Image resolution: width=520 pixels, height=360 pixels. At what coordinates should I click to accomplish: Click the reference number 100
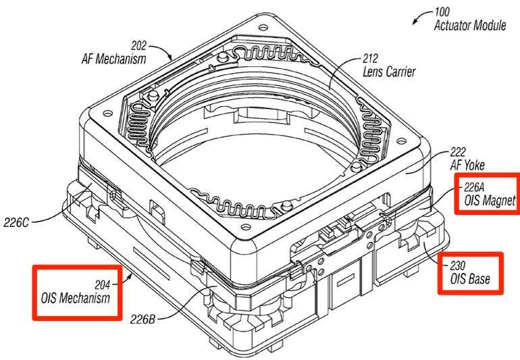click(x=442, y=12)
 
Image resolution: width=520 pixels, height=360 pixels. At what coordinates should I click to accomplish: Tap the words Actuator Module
click(x=470, y=25)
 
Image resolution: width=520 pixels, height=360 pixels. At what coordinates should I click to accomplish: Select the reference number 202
click(x=138, y=45)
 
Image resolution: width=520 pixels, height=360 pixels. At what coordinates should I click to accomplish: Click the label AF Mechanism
click(x=113, y=59)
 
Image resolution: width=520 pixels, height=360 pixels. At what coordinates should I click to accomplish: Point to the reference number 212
click(x=370, y=59)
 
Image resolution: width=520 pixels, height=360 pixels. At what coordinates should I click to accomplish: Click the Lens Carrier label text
click(x=389, y=72)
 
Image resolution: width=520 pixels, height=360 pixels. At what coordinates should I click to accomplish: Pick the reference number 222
click(x=458, y=152)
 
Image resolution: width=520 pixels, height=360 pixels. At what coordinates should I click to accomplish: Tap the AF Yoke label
click(x=467, y=165)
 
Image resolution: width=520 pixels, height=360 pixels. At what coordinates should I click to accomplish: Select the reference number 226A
click(x=474, y=188)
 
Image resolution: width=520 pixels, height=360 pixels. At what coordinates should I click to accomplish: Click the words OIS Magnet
click(x=490, y=201)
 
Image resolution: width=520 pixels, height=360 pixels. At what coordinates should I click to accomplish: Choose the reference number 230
click(x=458, y=265)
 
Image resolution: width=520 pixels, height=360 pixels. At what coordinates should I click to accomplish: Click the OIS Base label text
click(x=470, y=279)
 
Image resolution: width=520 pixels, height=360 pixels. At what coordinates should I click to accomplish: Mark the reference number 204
click(x=102, y=284)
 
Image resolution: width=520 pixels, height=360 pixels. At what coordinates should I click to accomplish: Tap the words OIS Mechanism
click(x=75, y=298)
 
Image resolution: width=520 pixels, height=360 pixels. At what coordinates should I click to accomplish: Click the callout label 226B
click(x=142, y=319)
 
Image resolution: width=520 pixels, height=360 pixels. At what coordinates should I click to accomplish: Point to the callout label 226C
click(x=16, y=222)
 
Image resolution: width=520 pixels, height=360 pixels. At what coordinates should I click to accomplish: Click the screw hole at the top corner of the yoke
click(x=263, y=27)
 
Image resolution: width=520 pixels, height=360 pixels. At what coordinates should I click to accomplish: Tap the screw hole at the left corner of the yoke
click(x=107, y=113)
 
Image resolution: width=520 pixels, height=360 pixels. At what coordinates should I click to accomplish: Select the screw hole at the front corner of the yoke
click(x=246, y=227)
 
